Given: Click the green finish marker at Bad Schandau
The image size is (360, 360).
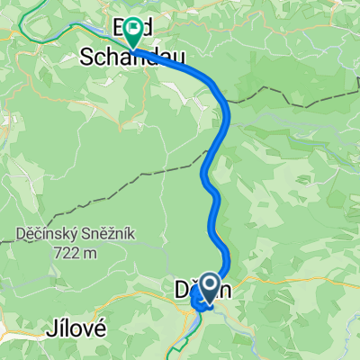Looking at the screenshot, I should tap(132, 31).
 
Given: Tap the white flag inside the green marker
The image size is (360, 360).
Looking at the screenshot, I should tap(132, 27).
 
